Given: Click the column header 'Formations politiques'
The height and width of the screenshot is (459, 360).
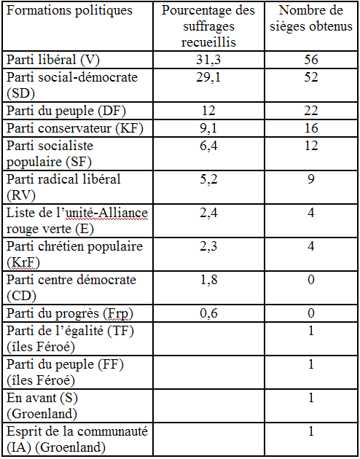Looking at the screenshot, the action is [x=69, y=11].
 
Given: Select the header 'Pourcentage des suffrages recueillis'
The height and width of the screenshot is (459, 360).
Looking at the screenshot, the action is [x=208, y=26].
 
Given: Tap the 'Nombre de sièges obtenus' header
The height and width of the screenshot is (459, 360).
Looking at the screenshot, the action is [x=311, y=18].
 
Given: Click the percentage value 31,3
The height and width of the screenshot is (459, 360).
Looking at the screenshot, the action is [x=208, y=60].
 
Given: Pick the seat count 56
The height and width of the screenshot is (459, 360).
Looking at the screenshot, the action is [x=311, y=60].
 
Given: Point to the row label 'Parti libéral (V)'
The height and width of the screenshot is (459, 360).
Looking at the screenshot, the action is [x=53, y=60].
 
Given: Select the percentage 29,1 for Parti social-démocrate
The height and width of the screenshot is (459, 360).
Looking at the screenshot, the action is [x=208, y=78].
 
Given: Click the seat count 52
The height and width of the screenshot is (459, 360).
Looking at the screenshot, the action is [x=311, y=77].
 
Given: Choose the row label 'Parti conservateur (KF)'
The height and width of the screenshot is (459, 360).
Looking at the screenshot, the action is [x=75, y=129].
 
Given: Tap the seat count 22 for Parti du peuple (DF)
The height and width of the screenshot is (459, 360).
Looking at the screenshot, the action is [x=311, y=111].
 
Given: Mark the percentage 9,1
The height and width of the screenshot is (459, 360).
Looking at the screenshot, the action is [x=208, y=129].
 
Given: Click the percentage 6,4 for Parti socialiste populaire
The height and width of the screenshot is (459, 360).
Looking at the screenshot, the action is [x=208, y=146].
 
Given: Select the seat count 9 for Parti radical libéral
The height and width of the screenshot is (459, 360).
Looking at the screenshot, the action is [x=311, y=178].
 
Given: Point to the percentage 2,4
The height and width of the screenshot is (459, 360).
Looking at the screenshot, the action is [x=208, y=213].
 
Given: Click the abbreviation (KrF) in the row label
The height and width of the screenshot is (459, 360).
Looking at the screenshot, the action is [x=23, y=262].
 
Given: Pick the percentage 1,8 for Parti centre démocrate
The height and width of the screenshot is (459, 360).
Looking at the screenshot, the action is [x=208, y=280].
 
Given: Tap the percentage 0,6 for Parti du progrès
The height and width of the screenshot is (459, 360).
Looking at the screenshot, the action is [x=208, y=314].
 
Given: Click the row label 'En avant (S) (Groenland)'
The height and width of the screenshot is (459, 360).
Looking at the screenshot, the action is [x=42, y=406].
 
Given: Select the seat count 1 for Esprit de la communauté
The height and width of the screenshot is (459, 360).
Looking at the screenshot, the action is [x=311, y=431].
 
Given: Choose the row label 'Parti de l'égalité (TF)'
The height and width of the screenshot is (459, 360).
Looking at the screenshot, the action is [x=70, y=331].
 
